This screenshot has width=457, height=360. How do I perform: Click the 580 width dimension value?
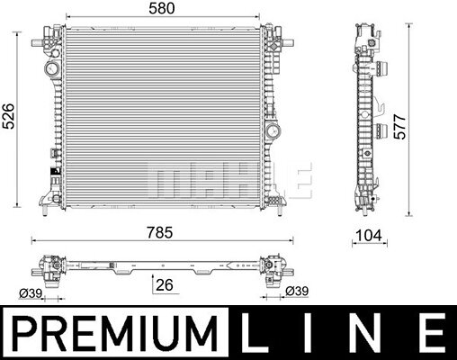[162, 8]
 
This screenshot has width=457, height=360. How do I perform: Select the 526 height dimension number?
[8, 116]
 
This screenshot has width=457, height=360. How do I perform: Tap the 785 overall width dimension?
[160, 232]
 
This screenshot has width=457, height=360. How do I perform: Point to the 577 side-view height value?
[400, 127]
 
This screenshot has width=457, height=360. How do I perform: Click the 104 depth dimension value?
[369, 235]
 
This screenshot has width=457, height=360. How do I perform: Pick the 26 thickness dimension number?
[165, 284]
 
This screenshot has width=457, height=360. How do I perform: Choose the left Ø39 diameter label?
[31, 292]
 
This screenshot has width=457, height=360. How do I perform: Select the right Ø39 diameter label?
[297, 291]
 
